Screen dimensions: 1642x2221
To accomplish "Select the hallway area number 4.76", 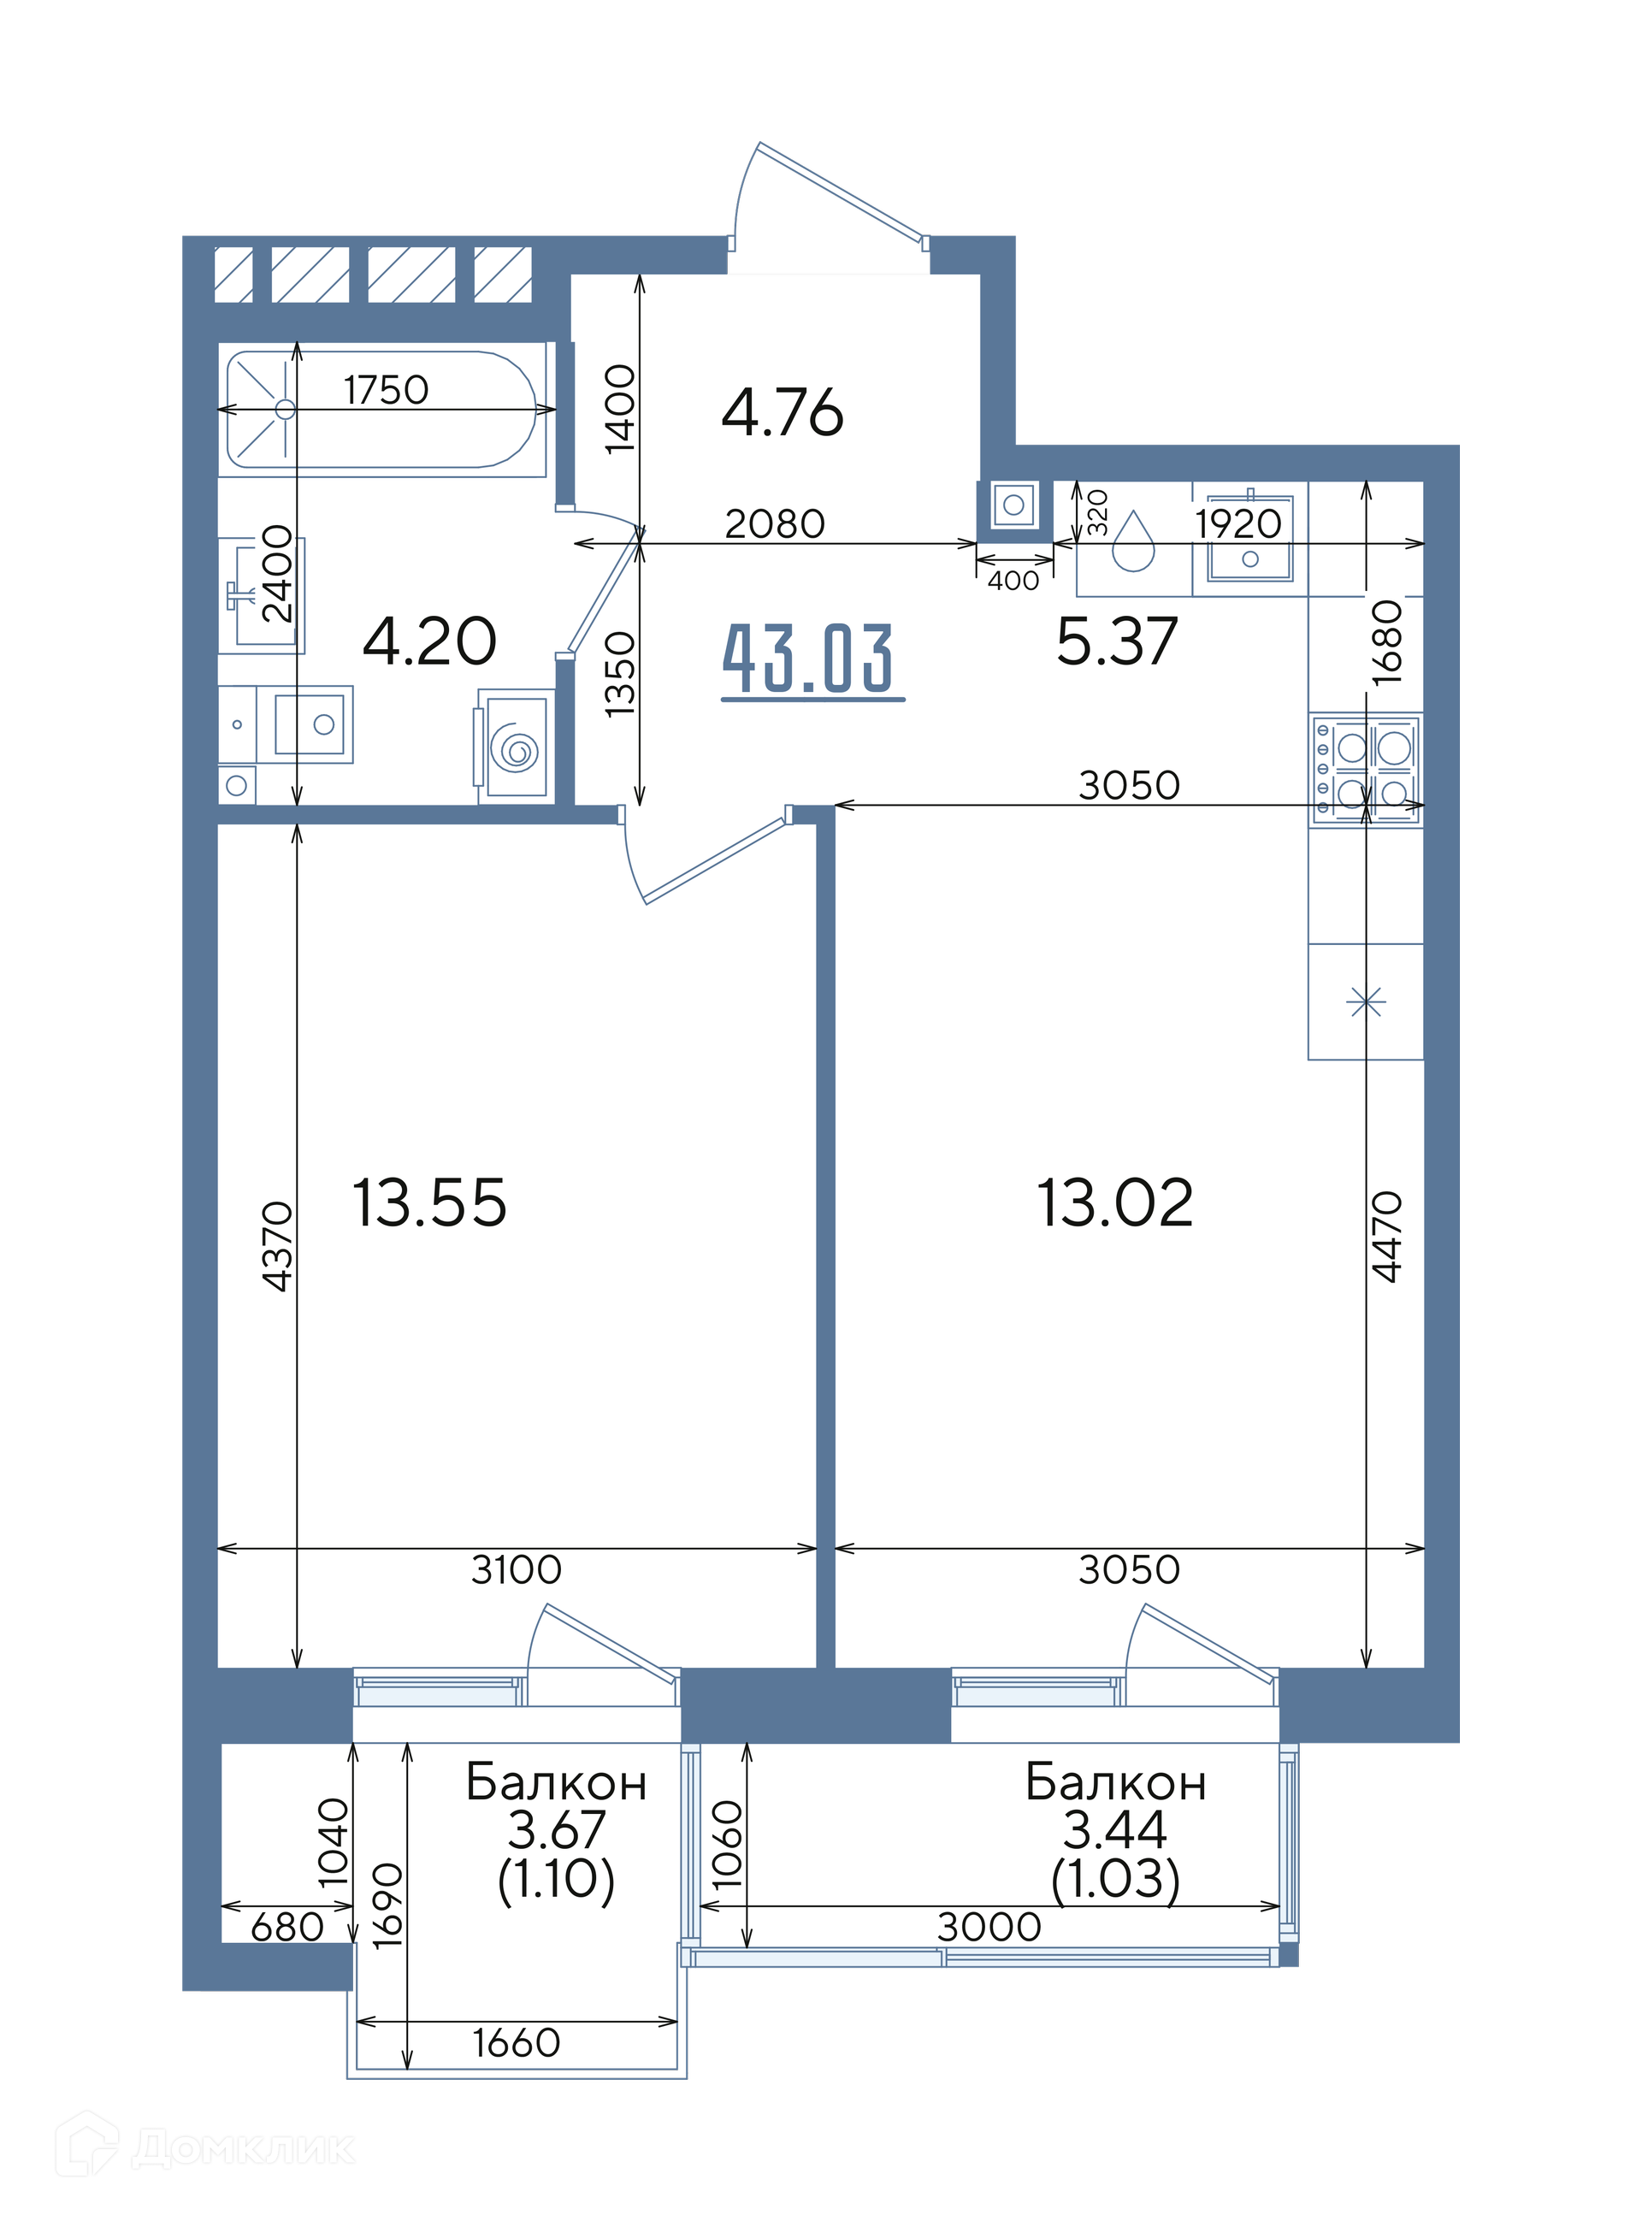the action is pyautogui.click(x=783, y=413).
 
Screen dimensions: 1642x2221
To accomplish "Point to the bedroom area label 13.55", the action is pyautogui.click(x=429, y=1202).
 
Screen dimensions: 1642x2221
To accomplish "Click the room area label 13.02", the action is pyautogui.click(x=1114, y=1202).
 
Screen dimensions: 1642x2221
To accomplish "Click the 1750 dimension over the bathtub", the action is pyautogui.click(x=387, y=389).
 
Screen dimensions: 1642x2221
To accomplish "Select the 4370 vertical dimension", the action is pyautogui.click(x=277, y=1246).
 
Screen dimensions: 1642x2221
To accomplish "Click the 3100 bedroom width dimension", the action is pyautogui.click(x=516, y=1569).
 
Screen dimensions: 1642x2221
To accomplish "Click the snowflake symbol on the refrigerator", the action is pyautogui.click(x=1366, y=1001).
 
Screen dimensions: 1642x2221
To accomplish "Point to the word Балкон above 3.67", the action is pyautogui.click(x=557, y=1783).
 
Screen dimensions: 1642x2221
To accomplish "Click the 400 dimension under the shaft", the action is pyautogui.click(x=1013, y=581).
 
